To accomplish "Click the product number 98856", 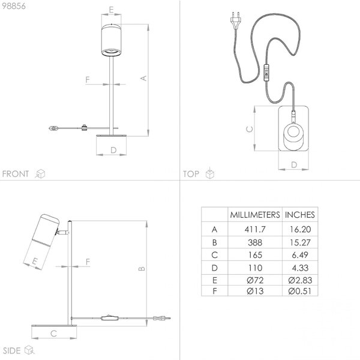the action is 14,6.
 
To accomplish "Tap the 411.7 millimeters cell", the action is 255,229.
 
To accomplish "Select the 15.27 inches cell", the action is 300,242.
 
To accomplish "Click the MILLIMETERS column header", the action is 255,215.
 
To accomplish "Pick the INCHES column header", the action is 300,215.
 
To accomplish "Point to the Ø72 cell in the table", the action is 255,280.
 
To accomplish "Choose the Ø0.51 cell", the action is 300,291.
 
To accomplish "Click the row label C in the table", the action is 214,255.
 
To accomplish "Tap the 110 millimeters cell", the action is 255,268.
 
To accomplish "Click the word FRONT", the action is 16,174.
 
